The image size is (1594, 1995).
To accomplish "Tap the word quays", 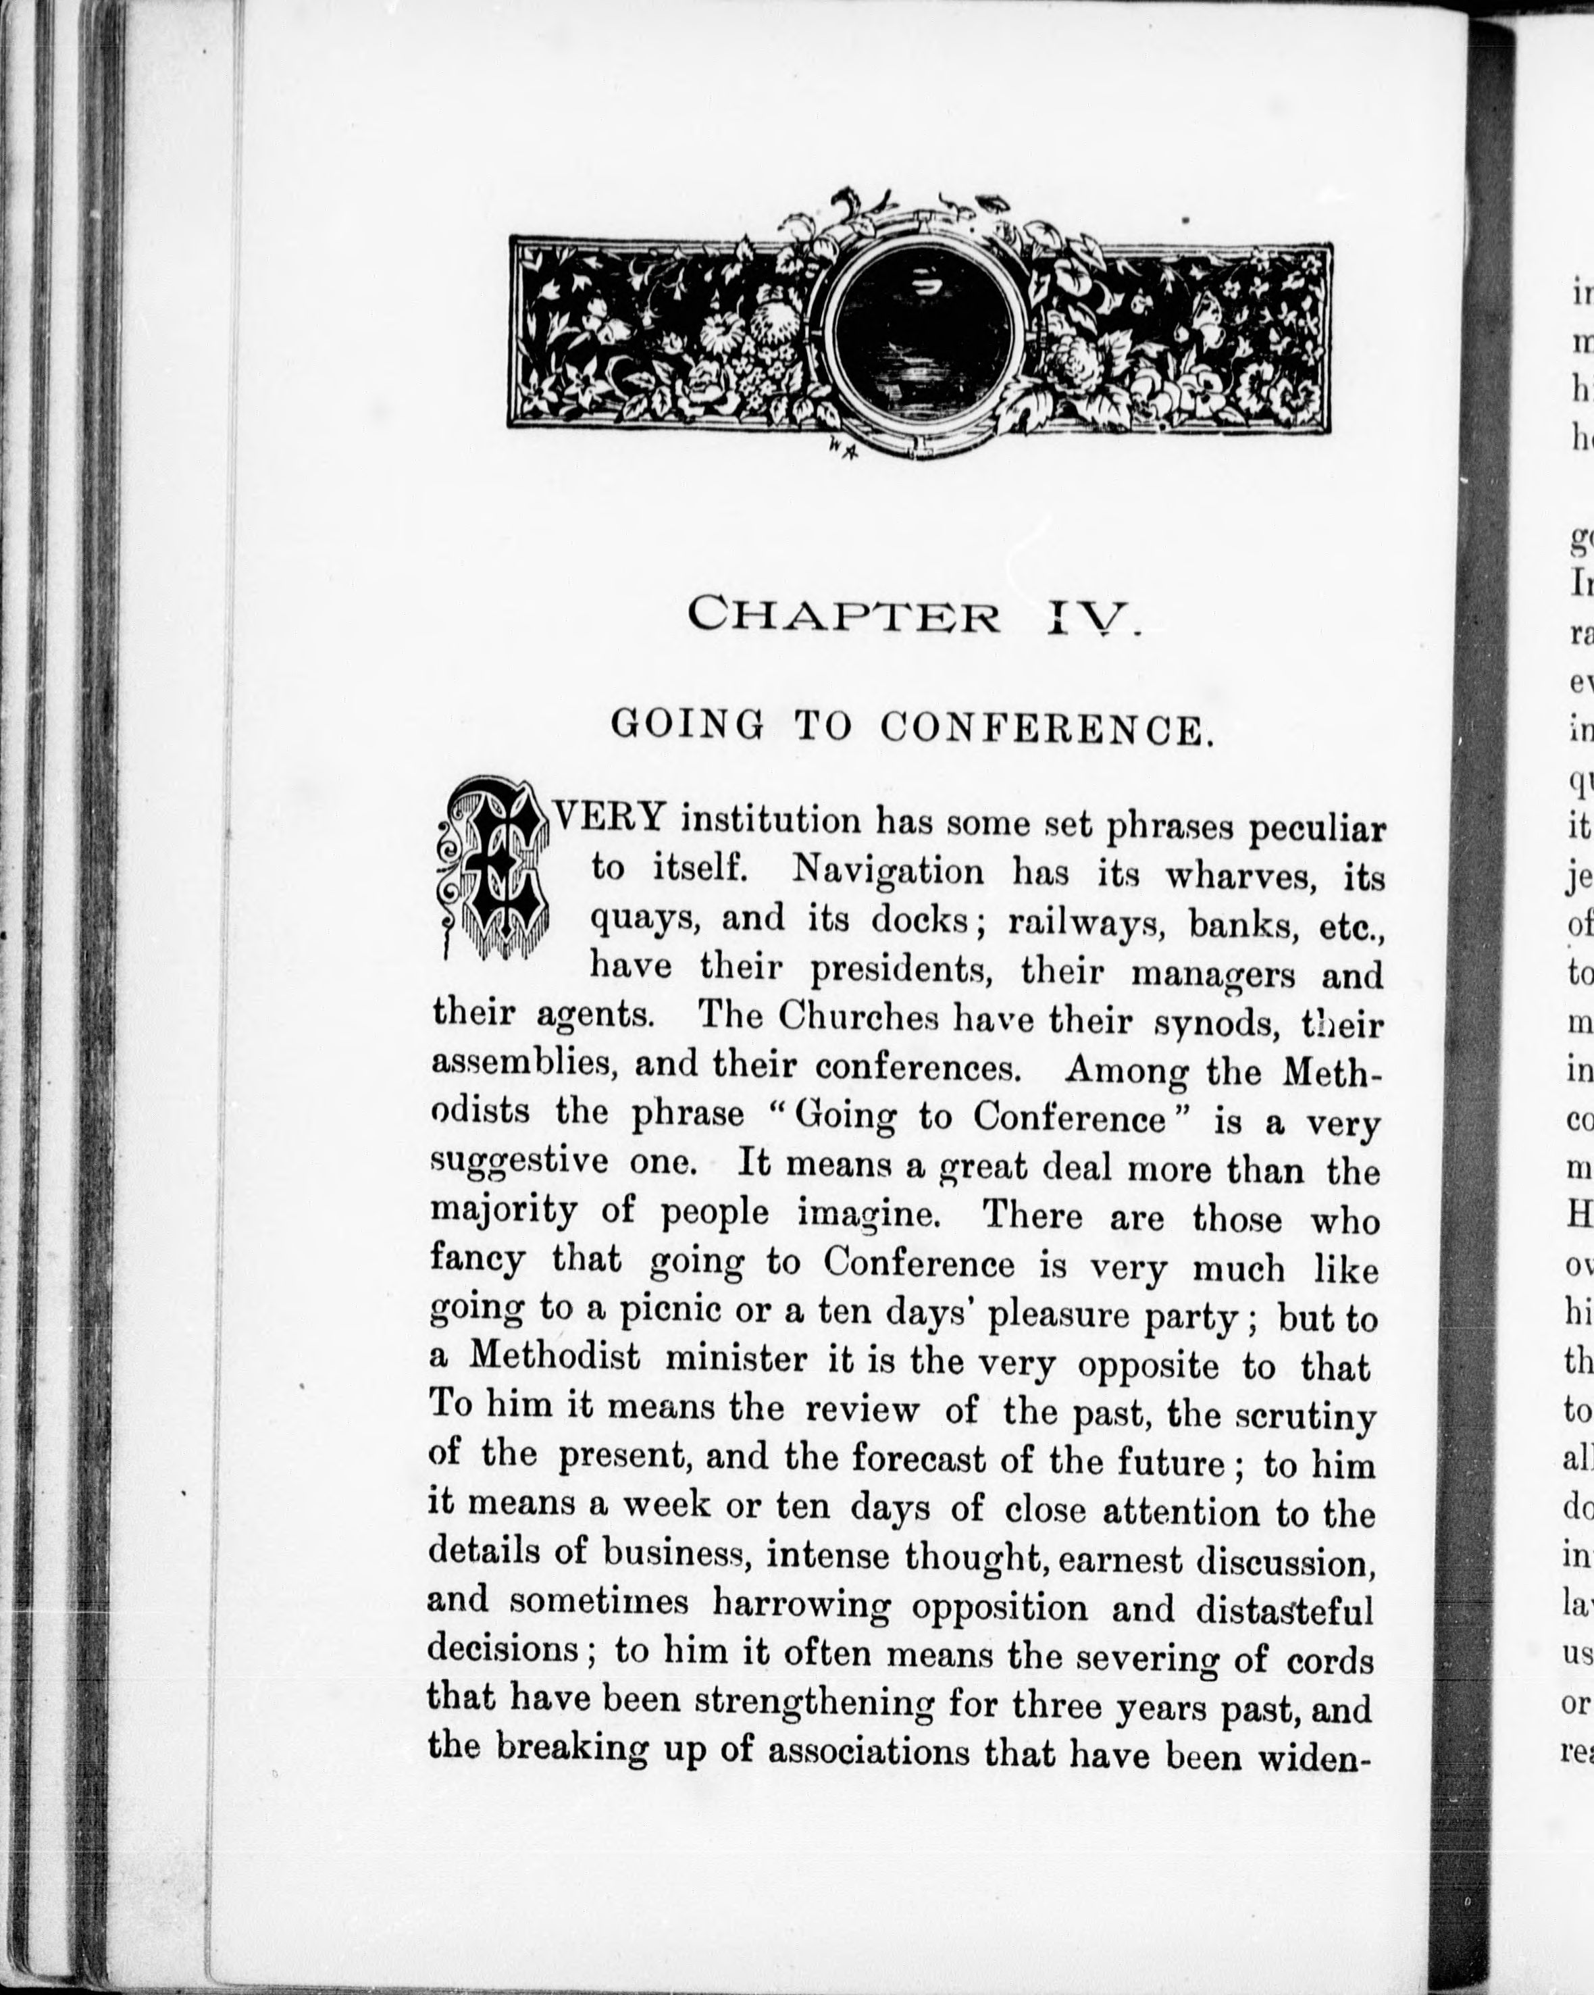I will click(x=644, y=919).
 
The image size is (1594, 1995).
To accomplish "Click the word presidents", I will click(x=910, y=969).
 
